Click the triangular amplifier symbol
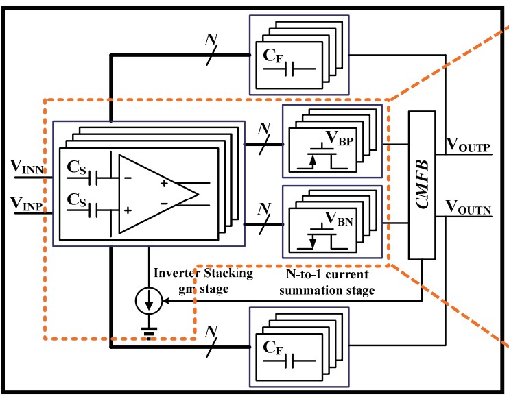(154, 194)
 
